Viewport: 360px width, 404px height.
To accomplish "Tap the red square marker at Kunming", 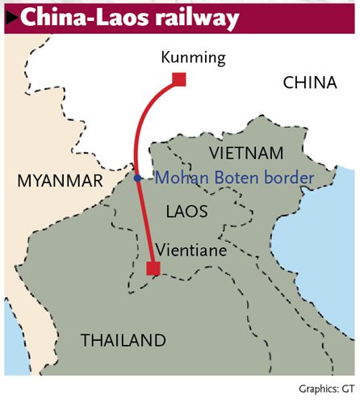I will [179, 78].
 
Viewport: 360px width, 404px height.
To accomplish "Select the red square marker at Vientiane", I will [152, 268].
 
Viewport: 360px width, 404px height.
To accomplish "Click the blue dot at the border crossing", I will [138, 178].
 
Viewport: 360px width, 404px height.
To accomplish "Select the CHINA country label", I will [309, 82].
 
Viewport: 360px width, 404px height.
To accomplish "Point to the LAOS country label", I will [186, 212].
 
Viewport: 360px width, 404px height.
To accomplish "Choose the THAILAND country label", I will [123, 340].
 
